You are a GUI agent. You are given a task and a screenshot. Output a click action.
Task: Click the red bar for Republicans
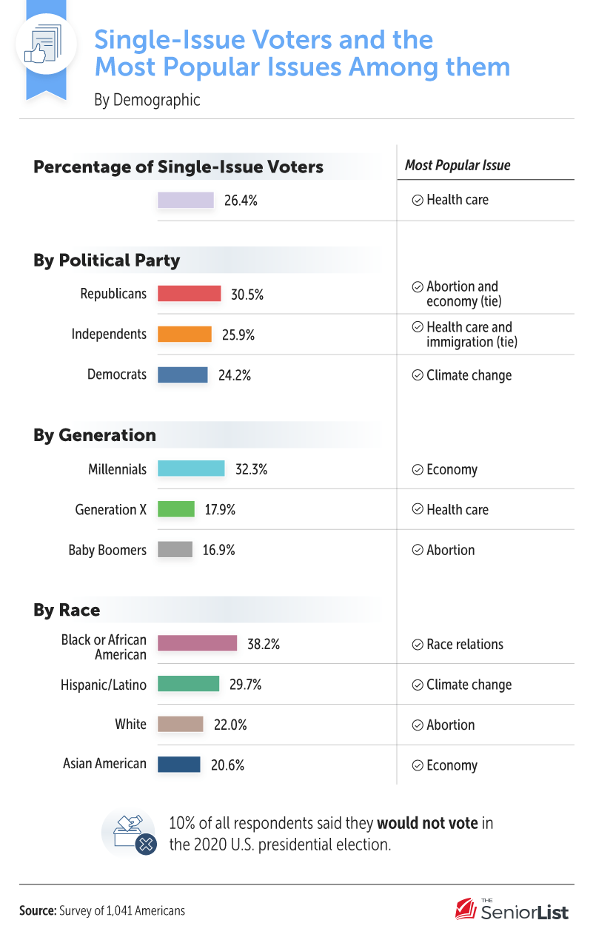(x=190, y=294)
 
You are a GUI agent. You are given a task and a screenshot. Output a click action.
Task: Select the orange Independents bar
(x=184, y=335)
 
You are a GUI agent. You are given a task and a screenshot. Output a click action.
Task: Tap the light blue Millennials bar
(x=191, y=469)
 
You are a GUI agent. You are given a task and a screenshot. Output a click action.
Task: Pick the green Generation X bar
(x=176, y=510)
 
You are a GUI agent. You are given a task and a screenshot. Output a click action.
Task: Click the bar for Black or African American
(x=198, y=644)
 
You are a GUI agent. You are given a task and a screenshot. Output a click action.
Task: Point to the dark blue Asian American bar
(x=179, y=765)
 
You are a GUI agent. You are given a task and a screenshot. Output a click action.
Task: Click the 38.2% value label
(x=264, y=645)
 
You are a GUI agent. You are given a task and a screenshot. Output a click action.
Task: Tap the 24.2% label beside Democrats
(x=235, y=375)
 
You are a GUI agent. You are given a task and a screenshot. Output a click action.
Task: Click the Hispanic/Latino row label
(x=104, y=685)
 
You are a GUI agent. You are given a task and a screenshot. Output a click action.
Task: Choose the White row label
(x=131, y=725)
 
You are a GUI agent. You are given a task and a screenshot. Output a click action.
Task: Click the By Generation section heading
(x=95, y=435)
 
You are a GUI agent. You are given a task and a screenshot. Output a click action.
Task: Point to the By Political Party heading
(x=107, y=261)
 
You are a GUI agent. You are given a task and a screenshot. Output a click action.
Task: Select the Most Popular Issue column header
(x=458, y=165)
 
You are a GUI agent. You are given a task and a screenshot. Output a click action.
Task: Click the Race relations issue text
(x=464, y=645)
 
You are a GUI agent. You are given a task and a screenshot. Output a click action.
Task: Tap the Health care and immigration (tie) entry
(x=469, y=335)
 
